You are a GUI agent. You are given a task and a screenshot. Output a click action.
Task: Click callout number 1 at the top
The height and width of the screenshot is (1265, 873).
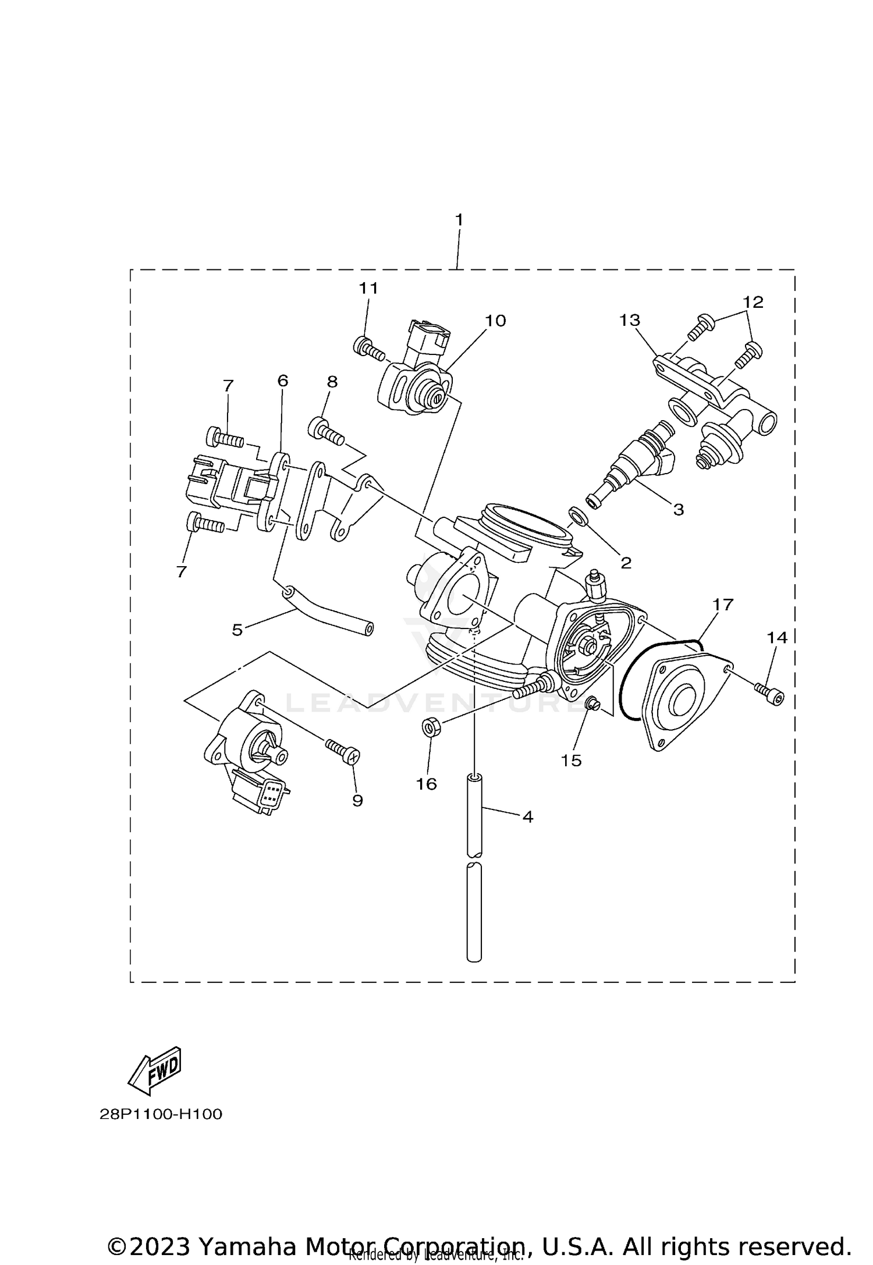[x=459, y=220]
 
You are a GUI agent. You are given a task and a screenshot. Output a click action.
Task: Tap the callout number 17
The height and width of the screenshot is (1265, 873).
[x=723, y=605]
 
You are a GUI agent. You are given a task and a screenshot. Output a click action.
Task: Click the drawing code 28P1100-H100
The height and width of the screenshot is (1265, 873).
[x=161, y=1114]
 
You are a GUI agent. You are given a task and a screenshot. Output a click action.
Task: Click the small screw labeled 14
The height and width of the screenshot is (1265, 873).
[x=769, y=694]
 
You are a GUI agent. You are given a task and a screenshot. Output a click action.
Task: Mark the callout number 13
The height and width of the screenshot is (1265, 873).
[x=630, y=320]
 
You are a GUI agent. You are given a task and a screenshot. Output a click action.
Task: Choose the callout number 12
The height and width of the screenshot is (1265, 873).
[x=753, y=302]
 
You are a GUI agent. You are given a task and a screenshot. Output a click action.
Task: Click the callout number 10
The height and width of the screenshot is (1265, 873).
[x=496, y=320]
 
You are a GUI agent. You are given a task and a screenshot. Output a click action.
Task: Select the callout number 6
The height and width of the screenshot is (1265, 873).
[x=282, y=381]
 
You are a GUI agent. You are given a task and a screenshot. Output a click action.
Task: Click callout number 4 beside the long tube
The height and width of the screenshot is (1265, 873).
[x=527, y=816]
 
